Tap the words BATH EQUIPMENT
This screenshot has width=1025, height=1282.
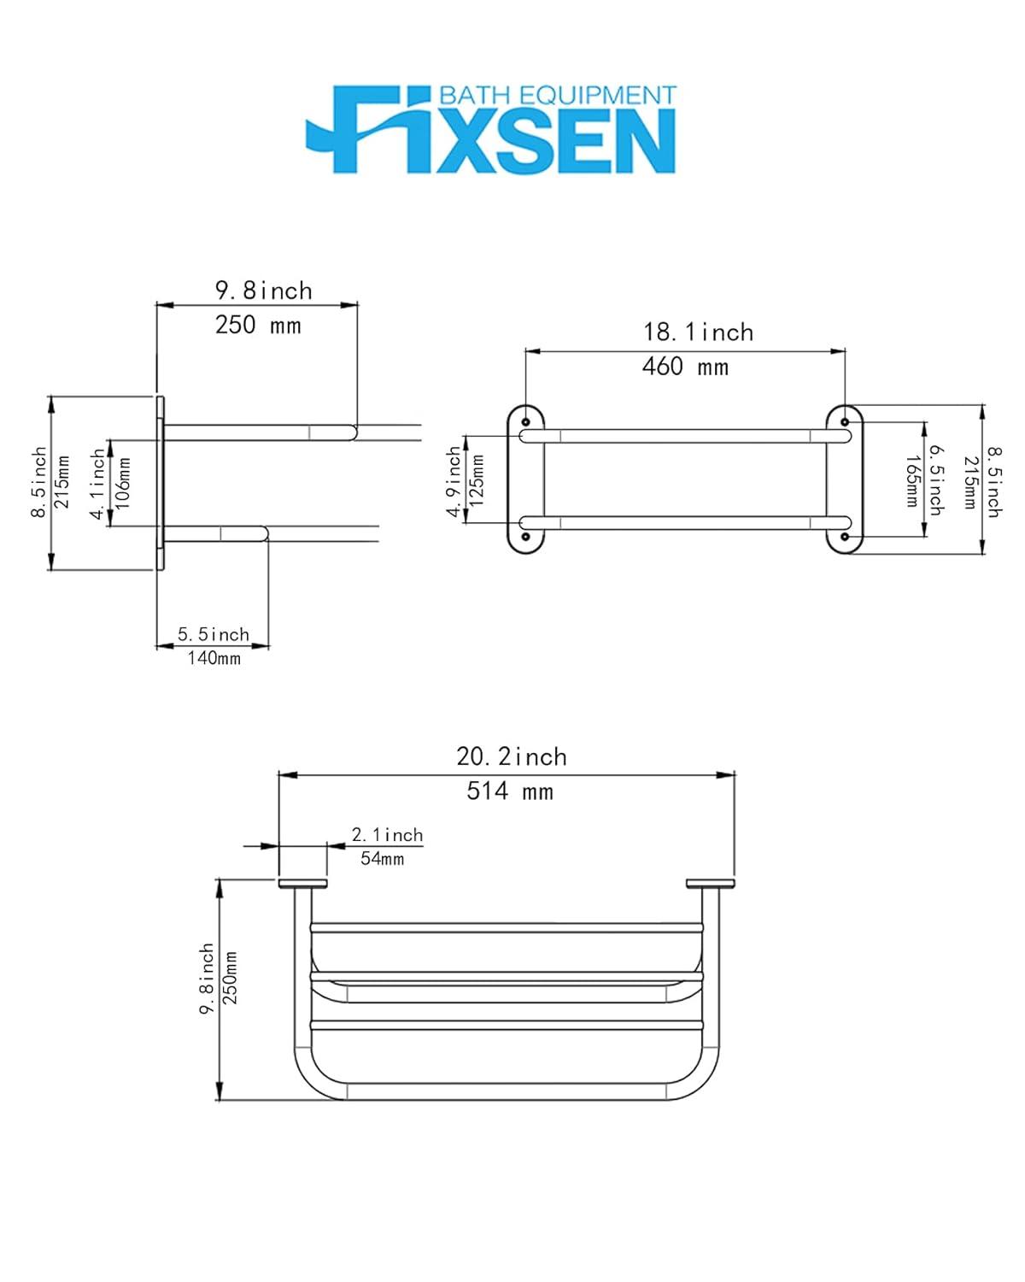(x=557, y=96)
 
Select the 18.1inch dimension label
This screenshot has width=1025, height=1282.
(x=698, y=332)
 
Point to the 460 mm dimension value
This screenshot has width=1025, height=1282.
(x=685, y=368)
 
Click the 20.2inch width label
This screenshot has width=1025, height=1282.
(x=511, y=757)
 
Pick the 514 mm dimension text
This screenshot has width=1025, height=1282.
(x=510, y=791)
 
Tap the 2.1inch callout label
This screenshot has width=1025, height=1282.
(x=387, y=835)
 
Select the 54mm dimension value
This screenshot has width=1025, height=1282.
(x=382, y=859)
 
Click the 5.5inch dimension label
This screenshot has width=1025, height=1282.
(x=214, y=635)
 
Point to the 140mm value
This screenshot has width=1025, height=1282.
(x=214, y=658)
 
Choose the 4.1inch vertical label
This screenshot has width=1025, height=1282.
(x=98, y=484)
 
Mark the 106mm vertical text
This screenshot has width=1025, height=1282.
(x=123, y=484)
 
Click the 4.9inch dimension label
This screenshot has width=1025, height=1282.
(x=454, y=484)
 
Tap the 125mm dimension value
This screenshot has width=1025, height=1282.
(x=477, y=479)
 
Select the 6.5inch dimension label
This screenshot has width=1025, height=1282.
(x=936, y=479)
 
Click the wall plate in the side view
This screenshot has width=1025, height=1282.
(x=160, y=483)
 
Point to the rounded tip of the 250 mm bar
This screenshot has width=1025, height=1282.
(x=351, y=432)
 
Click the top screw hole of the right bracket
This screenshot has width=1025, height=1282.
(x=845, y=422)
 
